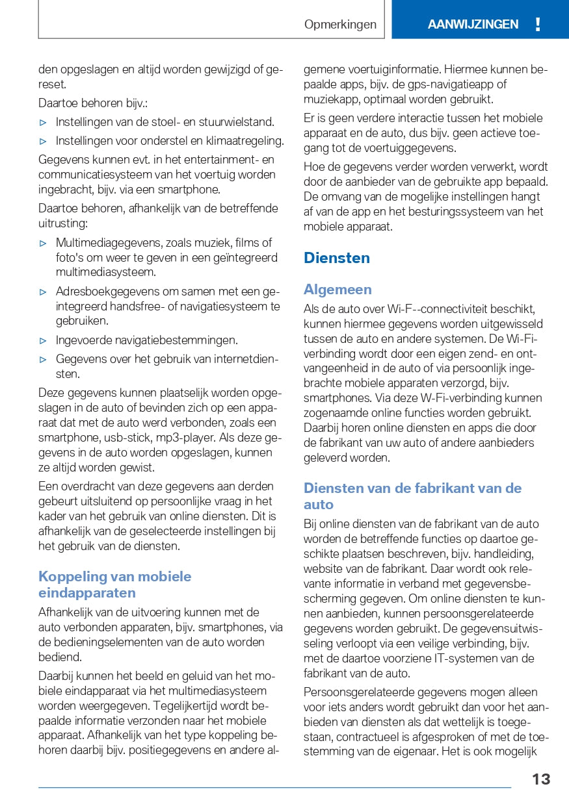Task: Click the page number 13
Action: click(540, 779)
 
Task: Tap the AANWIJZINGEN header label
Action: click(473, 25)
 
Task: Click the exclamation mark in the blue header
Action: click(537, 25)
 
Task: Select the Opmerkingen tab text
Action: click(340, 25)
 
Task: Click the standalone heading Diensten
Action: click(336, 258)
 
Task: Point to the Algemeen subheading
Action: click(337, 290)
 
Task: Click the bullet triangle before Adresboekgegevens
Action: click(43, 292)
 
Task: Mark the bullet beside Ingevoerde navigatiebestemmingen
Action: click(43, 340)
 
